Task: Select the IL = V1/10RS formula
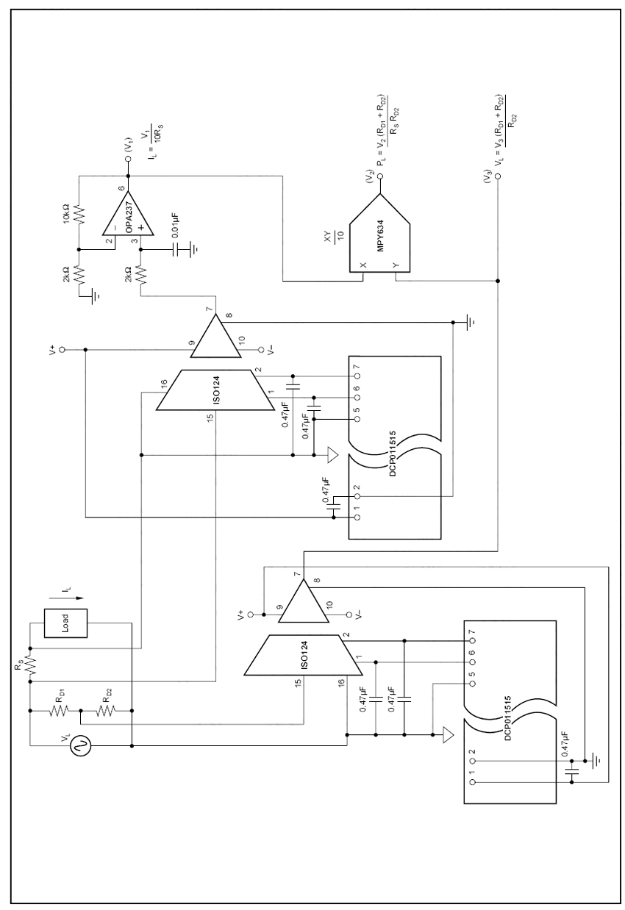click(x=149, y=132)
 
